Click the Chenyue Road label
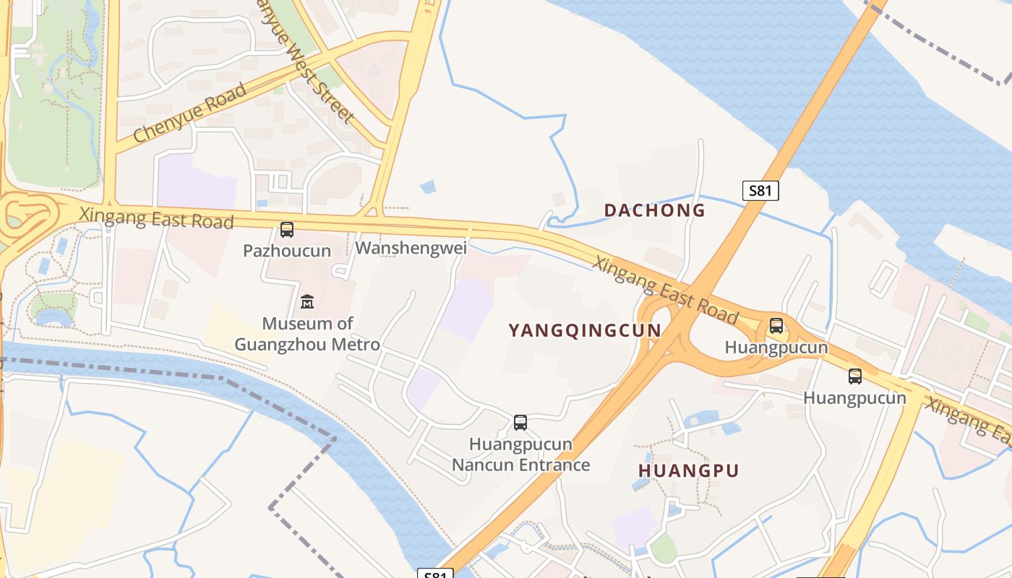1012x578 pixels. [x=189, y=113]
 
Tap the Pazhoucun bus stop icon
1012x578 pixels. [x=287, y=230]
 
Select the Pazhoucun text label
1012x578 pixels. [x=287, y=251]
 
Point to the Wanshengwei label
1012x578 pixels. [x=411, y=249]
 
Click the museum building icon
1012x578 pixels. [x=307, y=301]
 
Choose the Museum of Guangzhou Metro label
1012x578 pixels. [x=307, y=334]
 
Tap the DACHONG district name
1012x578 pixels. [x=654, y=210]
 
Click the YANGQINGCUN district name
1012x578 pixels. [x=584, y=331]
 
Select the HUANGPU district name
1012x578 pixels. [x=688, y=471]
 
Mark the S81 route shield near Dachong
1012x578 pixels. [x=760, y=191]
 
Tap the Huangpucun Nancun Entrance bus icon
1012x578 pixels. [x=520, y=423]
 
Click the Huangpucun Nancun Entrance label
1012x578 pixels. [x=520, y=454]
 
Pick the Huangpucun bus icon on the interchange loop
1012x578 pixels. [x=776, y=326]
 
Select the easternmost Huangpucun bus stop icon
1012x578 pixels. [x=855, y=376]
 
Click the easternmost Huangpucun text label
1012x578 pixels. [x=854, y=398]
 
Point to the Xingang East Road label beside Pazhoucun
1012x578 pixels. [x=156, y=217]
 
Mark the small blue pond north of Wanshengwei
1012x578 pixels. [x=428, y=187]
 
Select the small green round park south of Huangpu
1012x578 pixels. [x=663, y=549]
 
